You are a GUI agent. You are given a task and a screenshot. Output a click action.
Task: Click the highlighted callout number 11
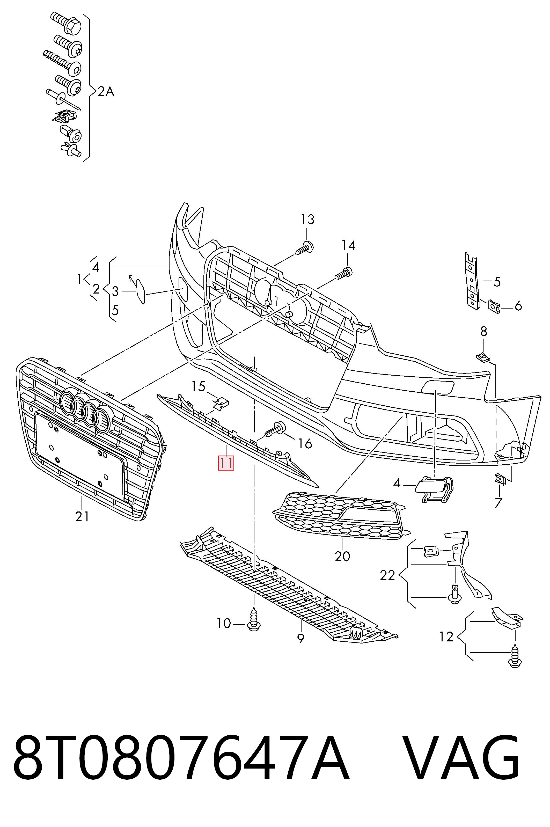226,463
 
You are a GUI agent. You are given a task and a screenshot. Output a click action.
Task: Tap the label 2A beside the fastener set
106,92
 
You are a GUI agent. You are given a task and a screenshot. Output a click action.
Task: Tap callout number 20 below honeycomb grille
342,556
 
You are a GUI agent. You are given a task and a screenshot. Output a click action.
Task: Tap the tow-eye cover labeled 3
140,291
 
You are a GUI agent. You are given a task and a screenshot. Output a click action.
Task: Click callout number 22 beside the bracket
387,575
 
